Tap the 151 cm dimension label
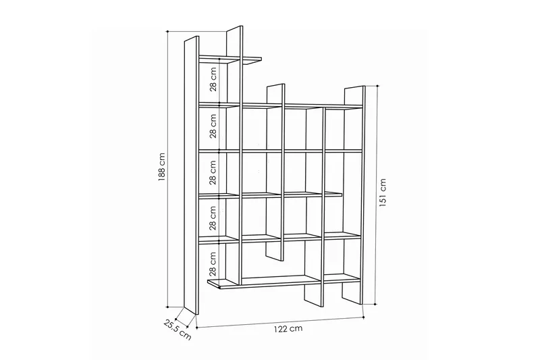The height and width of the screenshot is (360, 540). (x=383, y=192)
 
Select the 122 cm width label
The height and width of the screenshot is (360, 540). (x=288, y=329)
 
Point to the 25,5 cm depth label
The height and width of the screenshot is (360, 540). (x=177, y=330)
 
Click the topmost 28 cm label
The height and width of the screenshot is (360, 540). (x=213, y=79)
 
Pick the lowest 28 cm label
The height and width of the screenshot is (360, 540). (x=213, y=264)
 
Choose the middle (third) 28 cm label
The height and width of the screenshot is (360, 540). (x=213, y=173)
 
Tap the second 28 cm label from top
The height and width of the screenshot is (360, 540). (x=213, y=126)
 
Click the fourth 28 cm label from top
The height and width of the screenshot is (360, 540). (x=213, y=218)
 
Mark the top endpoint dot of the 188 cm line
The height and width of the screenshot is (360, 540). (x=167, y=32)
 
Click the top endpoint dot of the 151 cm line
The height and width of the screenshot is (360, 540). (x=378, y=86)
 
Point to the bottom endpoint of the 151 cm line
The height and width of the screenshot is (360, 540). (x=375, y=304)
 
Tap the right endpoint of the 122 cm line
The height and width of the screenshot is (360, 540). (x=364, y=317)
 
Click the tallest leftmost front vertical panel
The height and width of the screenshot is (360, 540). (x=192, y=175)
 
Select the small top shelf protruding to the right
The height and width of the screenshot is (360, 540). (x=230, y=60)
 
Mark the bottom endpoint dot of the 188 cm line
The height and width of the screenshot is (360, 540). (x=167, y=307)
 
